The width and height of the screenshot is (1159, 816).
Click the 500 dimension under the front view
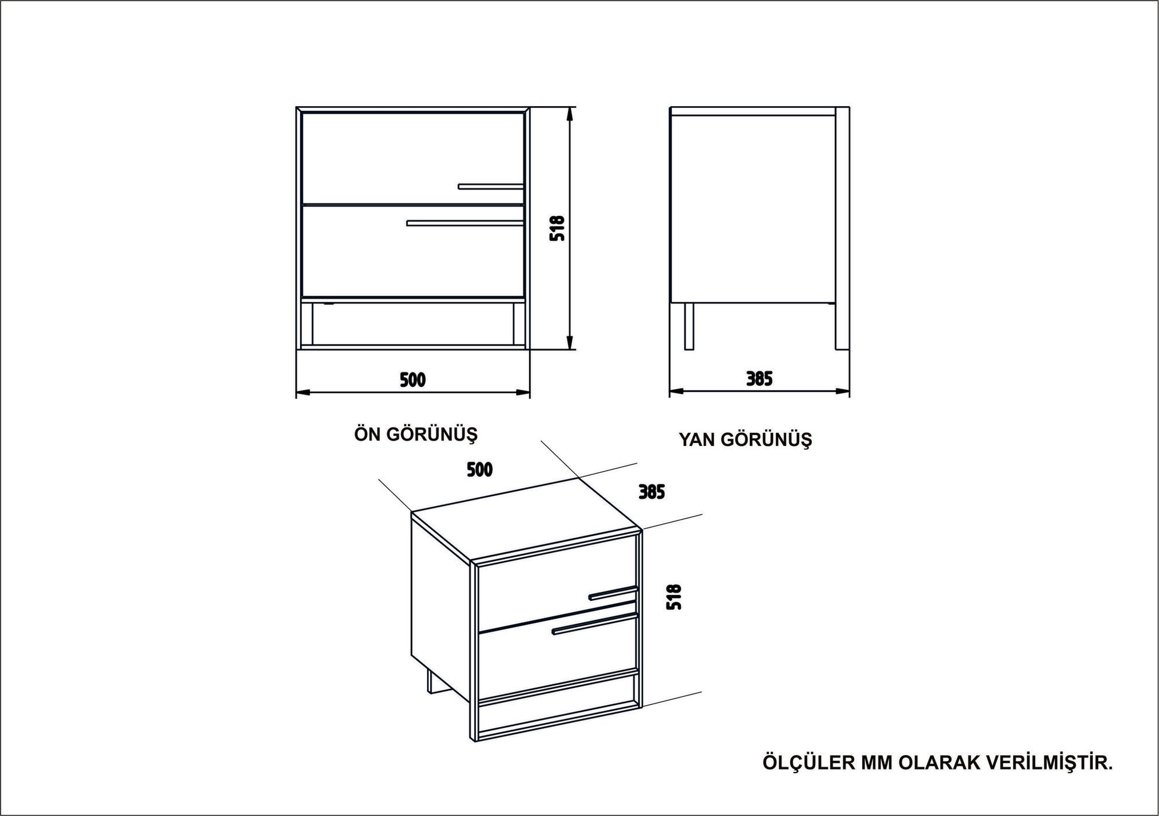[x=413, y=380]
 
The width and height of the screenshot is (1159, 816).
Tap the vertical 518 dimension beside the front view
[x=557, y=228]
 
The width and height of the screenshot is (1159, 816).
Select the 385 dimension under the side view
[x=759, y=378]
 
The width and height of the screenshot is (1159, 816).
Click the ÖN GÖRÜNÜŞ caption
[x=416, y=434]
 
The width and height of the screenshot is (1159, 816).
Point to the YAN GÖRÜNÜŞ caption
[x=746, y=440]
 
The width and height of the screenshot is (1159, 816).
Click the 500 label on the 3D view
[x=479, y=470]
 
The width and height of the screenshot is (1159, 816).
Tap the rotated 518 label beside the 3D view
[x=674, y=597]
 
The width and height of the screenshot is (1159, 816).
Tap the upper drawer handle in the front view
[x=491, y=187]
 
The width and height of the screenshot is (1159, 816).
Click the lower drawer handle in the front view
[x=465, y=224]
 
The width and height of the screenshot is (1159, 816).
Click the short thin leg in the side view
[x=689, y=325]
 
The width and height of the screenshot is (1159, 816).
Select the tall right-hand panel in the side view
[x=842, y=228]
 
